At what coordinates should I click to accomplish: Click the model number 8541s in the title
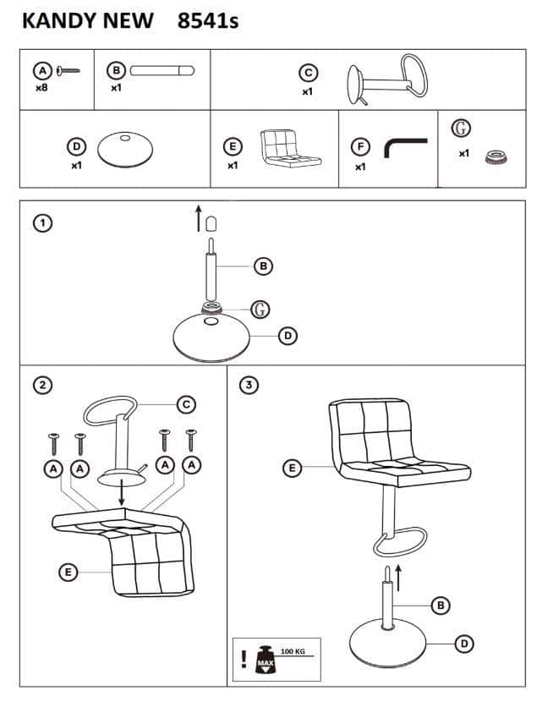pos(209,20)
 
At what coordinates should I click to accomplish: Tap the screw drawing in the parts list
pos(68,71)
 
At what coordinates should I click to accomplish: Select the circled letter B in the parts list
pos(117,70)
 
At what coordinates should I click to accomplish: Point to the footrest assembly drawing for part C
pos(386,81)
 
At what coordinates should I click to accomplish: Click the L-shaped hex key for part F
pos(403,148)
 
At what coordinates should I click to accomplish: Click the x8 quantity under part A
pos(41,87)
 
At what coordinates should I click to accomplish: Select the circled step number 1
pos(41,222)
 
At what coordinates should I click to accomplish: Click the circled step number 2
pos(41,385)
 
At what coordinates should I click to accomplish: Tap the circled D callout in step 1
pos(287,336)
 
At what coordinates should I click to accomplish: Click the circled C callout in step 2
pos(185,403)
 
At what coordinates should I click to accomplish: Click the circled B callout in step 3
pos(440,604)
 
